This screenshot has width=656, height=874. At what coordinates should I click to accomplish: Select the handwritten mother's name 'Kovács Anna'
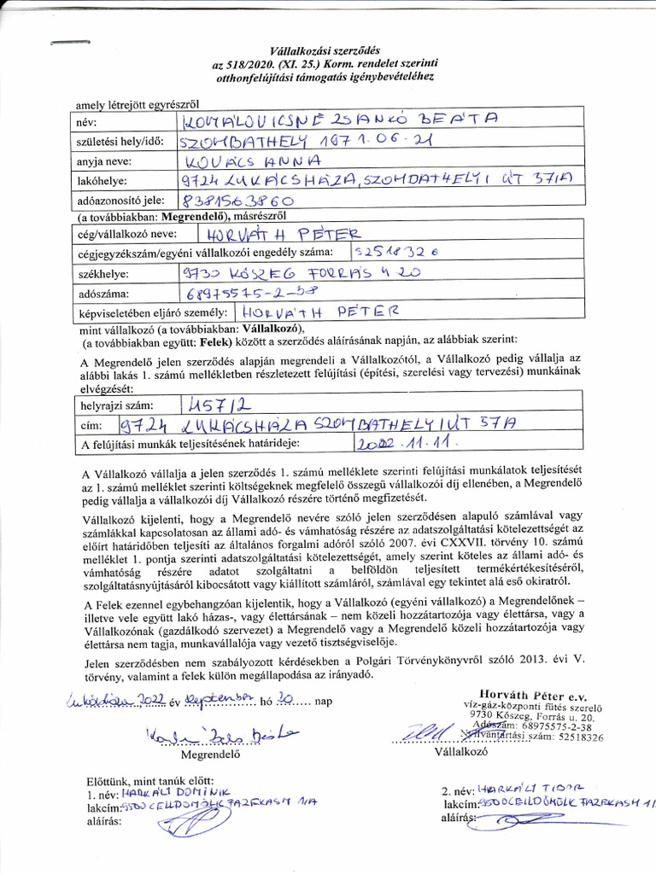(252, 160)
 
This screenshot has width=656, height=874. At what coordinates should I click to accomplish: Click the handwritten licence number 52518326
(400, 253)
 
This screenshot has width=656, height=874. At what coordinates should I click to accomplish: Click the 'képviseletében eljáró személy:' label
(152, 314)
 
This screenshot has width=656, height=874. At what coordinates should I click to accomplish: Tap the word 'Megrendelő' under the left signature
(209, 755)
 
